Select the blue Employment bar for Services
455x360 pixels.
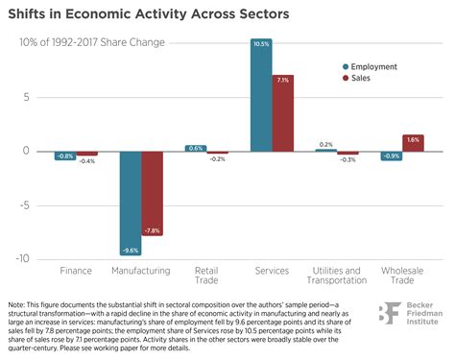click(260, 95)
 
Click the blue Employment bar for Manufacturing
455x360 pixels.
click(130, 202)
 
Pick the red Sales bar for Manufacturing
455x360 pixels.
click(152, 192)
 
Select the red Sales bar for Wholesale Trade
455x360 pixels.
click(413, 143)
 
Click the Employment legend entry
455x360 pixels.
click(373, 66)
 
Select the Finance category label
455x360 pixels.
click(76, 272)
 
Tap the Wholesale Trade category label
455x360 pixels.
click(402, 276)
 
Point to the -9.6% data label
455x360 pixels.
click(130, 250)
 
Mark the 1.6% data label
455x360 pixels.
click(413, 139)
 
